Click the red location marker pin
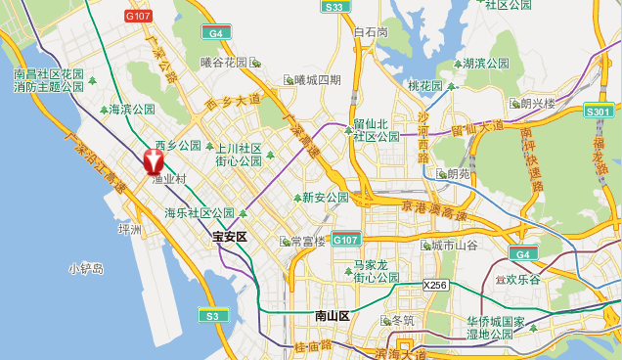pyautogui.click(x=155, y=160)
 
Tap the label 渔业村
pyautogui.click(x=168, y=180)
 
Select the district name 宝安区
pyautogui.click(x=232, y=237)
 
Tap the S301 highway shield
pyautogui.click(x=599, y=111)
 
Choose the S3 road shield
pyautogui.click(x=211, y=315)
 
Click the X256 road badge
pyautogui.click(x=435, y=285)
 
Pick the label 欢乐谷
pyautogui.click(x=525, y=280)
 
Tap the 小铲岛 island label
pyautogui.click(x=86, y=267)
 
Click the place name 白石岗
pyautogui.click(x=371, y=32)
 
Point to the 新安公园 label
pyautogui.click(x=325, y=198)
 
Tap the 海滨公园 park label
pyautogui.click(x=132, y=110)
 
